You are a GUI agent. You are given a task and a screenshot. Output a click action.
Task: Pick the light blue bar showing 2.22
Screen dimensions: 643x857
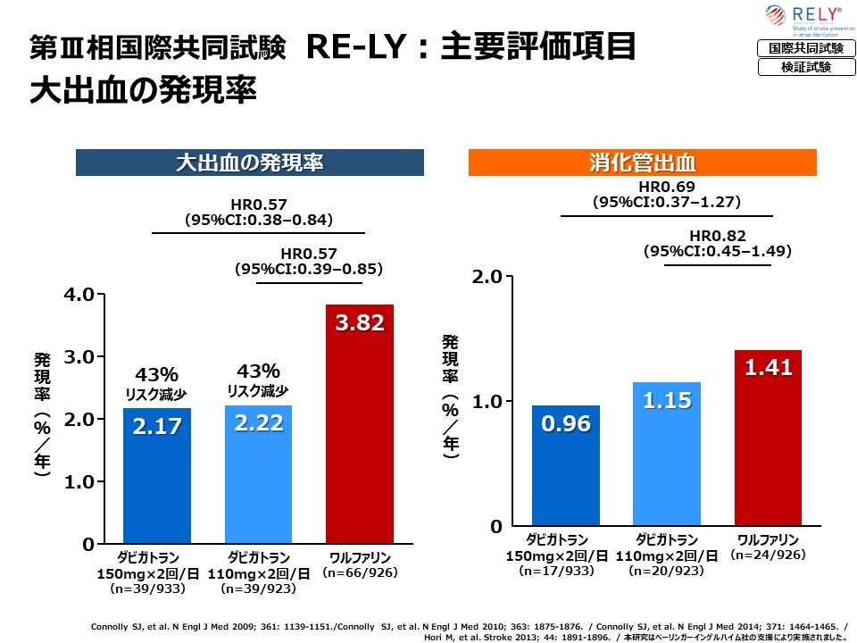(x=258, y=474)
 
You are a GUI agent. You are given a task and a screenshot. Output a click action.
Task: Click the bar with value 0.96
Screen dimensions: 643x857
(x=566, y=465)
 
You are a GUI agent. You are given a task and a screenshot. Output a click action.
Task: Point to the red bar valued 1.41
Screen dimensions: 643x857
(x=768, y=438)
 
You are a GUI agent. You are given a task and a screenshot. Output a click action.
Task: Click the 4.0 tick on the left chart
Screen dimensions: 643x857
(x=82, y=295)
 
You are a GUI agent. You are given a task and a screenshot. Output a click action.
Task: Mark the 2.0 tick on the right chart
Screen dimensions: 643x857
(x=487, y=277)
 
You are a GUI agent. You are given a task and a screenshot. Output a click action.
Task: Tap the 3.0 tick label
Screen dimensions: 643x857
(x=82, y=357)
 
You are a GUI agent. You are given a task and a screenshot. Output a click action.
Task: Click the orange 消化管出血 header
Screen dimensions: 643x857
(x=643, y=163)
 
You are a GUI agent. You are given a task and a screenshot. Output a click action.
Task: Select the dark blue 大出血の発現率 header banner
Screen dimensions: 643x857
(x=249, y=163)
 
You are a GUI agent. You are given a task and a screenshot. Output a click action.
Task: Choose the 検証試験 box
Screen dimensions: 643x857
(x=800, y=67)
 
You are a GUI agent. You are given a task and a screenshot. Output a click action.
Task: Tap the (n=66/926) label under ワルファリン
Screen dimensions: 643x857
(x=360, y=572)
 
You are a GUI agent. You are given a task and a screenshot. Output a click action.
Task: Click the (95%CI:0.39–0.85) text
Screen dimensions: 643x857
(x=308, y=268)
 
